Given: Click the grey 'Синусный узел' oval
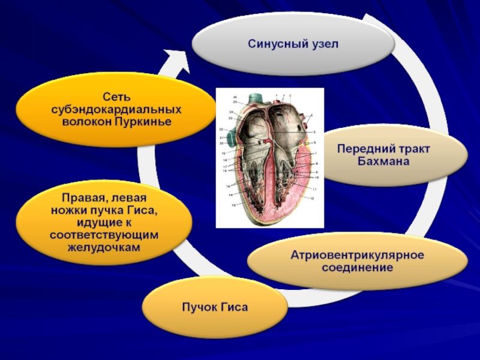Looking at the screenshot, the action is pos(293,44).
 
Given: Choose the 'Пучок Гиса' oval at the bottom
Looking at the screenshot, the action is pos(215,308).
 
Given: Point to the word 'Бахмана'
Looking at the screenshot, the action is pos(383,162).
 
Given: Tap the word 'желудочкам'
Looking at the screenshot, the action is pos(105,247).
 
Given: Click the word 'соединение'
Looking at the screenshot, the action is pos(357,268).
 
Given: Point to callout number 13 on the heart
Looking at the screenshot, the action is pos(233,205).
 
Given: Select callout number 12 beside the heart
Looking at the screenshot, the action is pos(313,198).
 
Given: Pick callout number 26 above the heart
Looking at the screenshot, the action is pos(235,97).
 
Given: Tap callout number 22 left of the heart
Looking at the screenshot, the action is pos(221,130).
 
